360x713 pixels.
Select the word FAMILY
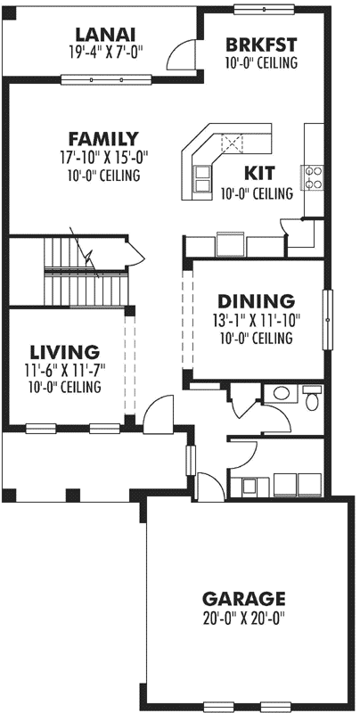[103, 139]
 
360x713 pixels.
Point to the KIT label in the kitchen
[258, 173]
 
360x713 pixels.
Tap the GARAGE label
[243, 598]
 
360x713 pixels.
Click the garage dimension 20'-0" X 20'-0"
[243, 617]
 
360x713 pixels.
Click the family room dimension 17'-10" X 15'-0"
[103, 158]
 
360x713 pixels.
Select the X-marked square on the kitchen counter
[232, 142]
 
